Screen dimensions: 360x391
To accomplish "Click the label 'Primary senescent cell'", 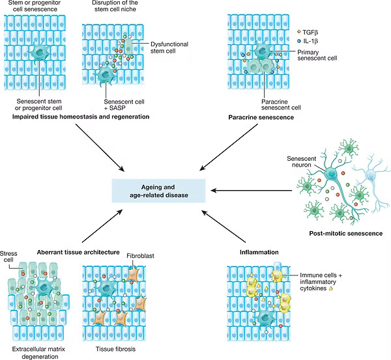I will [x=317, y=55].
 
